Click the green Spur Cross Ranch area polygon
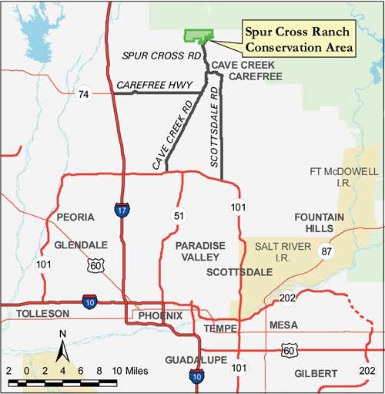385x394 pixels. [x=198, y=37]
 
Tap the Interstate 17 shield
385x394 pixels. [x=122, y=210]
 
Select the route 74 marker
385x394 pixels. [x=82, y=94]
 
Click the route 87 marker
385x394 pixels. [x=326, y=251]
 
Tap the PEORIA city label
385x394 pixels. [x=75, y=217]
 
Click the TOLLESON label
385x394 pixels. [x=42, y=313]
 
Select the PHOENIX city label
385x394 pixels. [x=161, y=315]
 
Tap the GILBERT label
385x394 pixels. [x=316, y=373]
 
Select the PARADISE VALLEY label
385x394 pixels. [x=200, y=251]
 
